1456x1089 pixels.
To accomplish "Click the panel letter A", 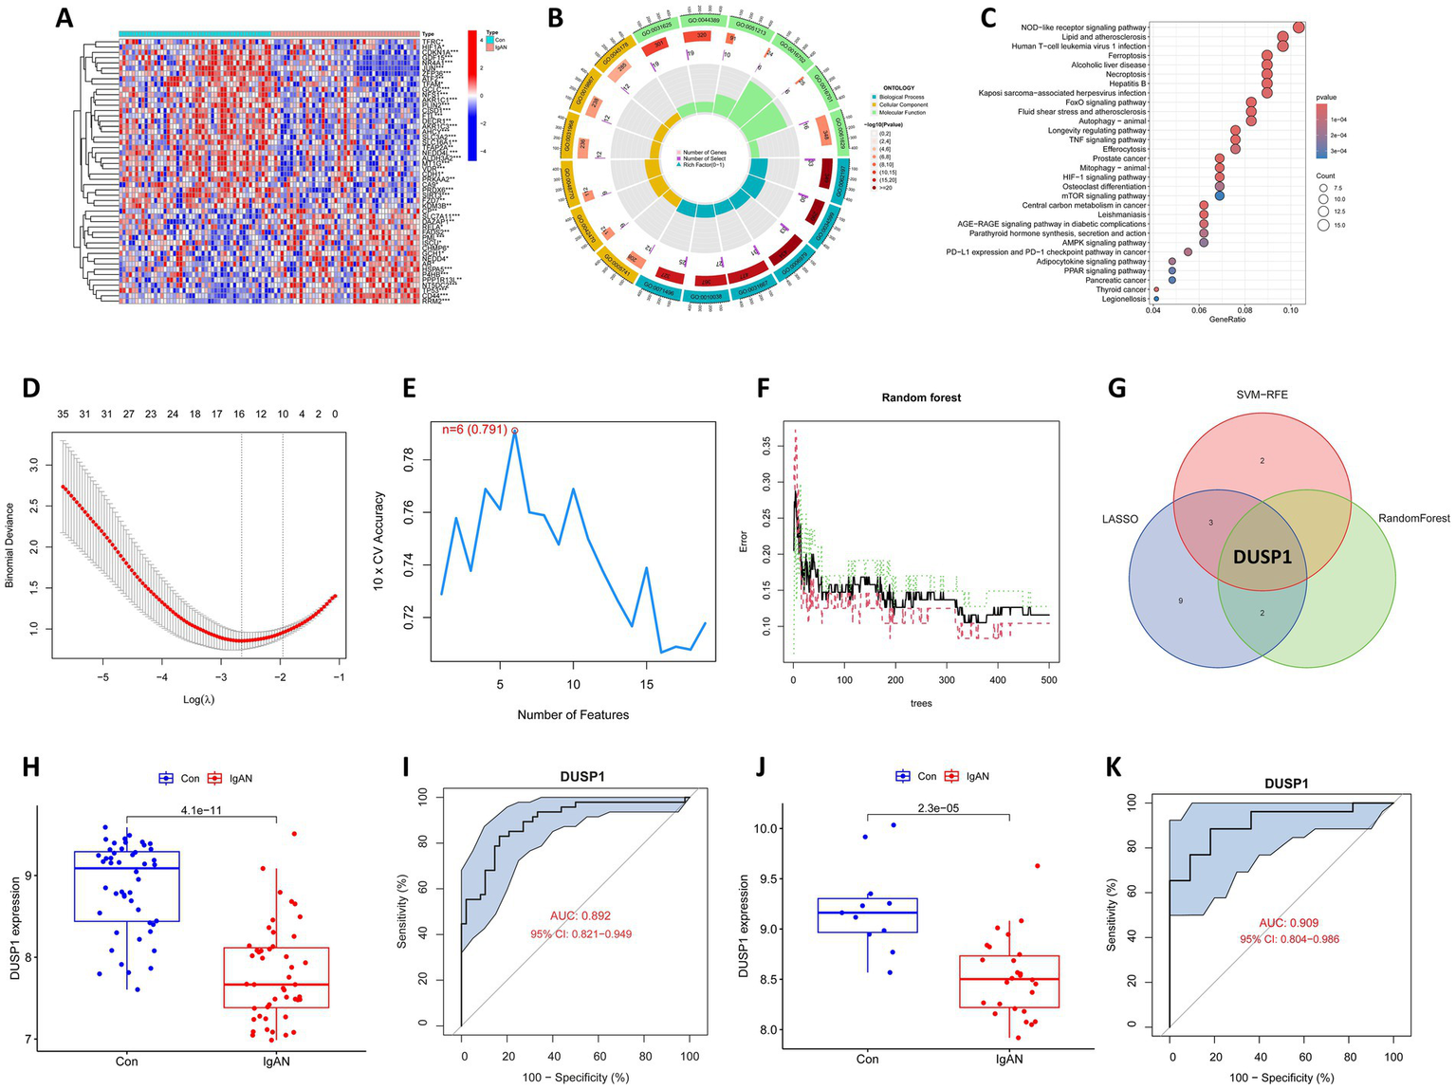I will pos(65,16).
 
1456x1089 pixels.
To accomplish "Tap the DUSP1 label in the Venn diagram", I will pos(1262,558).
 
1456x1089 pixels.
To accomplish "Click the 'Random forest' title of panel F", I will pos(920,397).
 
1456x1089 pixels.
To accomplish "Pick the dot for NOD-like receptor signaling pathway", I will pos(1298,28).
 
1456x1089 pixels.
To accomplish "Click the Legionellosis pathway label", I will pos(1124,300).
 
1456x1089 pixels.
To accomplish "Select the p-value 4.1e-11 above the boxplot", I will pos(201,810).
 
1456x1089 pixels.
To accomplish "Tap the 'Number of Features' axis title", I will pos(573,714).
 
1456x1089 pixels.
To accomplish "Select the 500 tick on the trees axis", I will pos(1048,681).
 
